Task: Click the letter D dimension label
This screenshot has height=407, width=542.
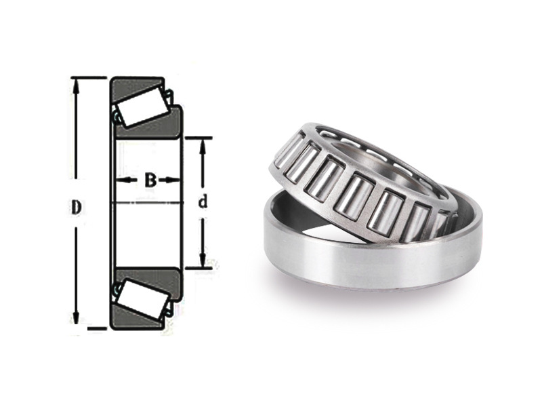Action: (x=77, y=208)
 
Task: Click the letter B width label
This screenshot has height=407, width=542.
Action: (x=150, y=180)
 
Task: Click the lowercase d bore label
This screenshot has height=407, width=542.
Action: (x=203, y=201)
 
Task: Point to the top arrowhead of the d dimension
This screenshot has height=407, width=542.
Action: (x=203, y=147)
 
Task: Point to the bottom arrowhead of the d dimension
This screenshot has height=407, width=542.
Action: (x=203, y=260)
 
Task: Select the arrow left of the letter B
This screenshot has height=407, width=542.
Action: (x=127, y=180)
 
